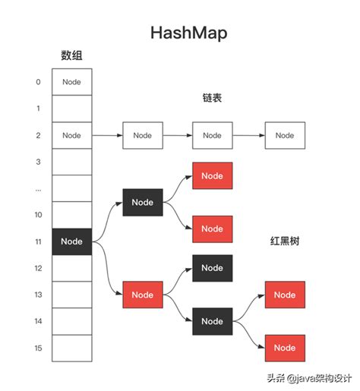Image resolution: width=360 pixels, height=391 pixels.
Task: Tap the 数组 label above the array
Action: tap(71, 55)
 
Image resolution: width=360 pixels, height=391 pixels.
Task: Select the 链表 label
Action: tap(213, 98)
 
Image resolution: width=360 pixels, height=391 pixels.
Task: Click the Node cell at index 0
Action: tap(71, 82)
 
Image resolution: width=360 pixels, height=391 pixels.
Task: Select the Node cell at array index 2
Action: tap(71, 135)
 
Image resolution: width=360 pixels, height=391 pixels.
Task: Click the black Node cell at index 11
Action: tap(71, 241)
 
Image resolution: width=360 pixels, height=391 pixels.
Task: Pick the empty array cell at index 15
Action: tap(71, 348)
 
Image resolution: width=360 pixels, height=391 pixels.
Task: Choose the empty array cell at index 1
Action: tap(71, 109)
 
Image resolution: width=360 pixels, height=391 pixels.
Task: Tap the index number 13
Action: tap(38, 295)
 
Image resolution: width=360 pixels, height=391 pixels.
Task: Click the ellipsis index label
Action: tap(38, 188)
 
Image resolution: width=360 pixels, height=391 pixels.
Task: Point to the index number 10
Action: tap(38, 215)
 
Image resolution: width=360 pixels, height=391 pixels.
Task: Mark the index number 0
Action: tap(38, 82)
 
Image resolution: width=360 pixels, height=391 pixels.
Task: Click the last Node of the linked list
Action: tap(285, 135)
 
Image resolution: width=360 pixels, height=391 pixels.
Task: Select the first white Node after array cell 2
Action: tap(142, 135)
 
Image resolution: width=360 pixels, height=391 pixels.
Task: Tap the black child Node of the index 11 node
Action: tap(142, 202)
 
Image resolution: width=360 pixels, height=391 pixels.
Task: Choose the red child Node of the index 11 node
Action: tap(142, 295)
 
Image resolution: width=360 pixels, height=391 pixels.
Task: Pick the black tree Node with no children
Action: tap(213, 268)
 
